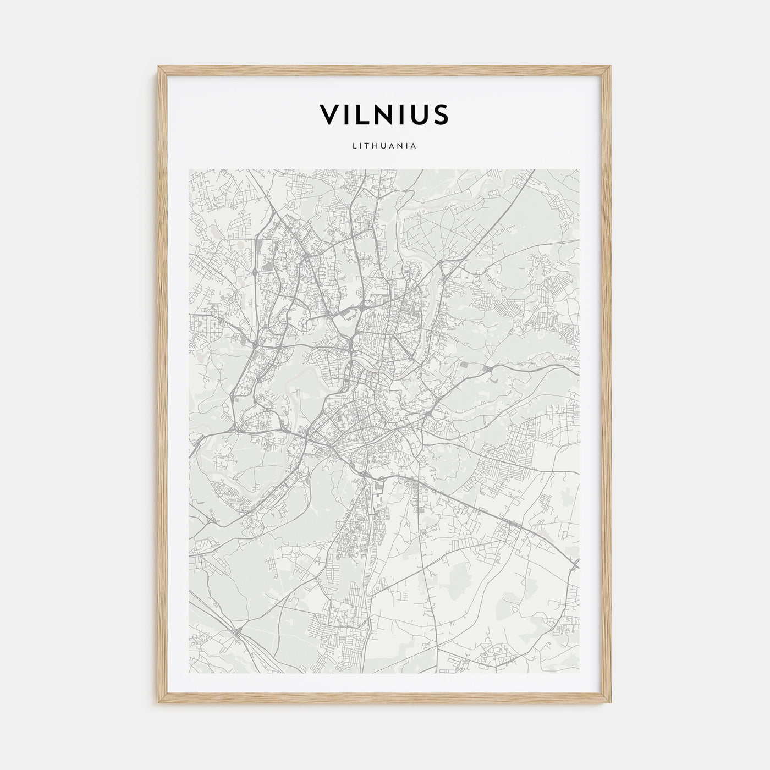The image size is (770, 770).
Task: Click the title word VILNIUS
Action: (384, 114)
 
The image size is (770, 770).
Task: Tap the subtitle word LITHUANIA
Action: (384, 146)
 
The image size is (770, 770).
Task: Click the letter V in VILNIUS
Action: (329, 114)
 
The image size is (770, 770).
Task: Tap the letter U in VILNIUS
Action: (421, 114)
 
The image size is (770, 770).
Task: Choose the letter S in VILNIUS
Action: (442, 114)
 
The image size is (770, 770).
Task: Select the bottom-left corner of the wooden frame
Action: (158, 704)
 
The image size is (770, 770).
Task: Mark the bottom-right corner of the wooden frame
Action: (612, 704)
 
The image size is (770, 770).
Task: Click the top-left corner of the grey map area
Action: (189, 169)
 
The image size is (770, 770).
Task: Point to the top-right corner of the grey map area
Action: (579, 169)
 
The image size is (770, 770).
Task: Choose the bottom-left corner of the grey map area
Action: (189, 673)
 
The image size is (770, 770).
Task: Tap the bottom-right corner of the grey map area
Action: (579, 673)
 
